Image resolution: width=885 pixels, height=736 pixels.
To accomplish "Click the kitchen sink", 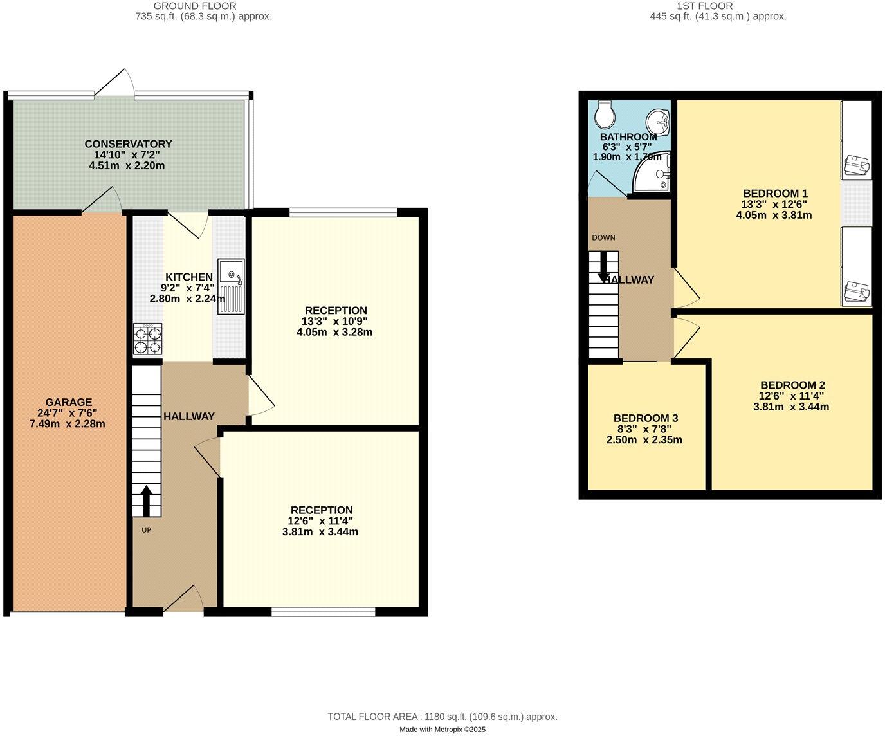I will click(231, 286).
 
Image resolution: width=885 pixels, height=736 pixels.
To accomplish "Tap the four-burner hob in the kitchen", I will click(148, 339).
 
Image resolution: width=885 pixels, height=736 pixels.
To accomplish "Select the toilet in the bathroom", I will click(605, 114).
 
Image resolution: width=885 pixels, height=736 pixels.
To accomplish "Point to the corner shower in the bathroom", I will click(652, 172).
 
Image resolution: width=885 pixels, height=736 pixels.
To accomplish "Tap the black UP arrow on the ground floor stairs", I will click(146, 501).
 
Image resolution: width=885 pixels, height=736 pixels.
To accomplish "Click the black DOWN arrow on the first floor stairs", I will click(604, 266).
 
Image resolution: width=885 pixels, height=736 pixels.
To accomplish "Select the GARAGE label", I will click(68, 402).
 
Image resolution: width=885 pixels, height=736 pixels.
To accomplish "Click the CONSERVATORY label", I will click(128, 143).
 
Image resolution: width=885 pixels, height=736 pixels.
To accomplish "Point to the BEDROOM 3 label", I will click(645, 418).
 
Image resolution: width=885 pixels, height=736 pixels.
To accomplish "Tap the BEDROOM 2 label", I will click(792, 385).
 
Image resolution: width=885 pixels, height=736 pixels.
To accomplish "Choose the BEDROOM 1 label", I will click(775, 193).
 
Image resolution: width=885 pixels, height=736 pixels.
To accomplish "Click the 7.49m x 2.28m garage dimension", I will click(68, 424).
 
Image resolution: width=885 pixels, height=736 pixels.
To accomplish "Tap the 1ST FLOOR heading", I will click(718, 6).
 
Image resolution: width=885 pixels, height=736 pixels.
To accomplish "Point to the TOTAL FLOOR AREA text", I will click(442, 717).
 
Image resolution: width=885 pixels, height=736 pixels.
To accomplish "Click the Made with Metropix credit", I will click(442, 730).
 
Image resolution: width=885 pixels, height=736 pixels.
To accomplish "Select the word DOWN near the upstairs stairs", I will click(603, 238).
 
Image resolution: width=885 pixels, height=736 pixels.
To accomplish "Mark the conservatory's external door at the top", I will click(116, 84).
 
